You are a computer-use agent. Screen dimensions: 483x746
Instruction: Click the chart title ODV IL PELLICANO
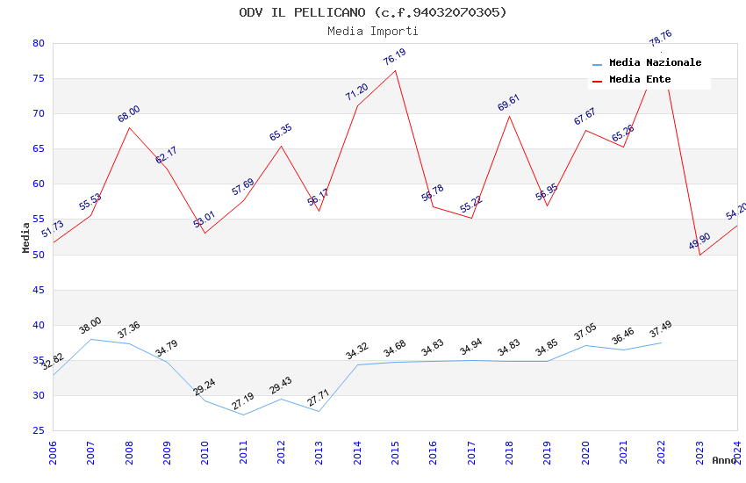373,12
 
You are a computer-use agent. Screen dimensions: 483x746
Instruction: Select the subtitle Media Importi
373,31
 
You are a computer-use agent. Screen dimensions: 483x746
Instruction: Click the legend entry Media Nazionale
655,62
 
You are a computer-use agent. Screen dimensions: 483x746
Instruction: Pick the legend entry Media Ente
640,79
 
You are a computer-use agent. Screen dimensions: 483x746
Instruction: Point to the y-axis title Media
26,237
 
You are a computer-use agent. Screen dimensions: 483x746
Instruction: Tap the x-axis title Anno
724,460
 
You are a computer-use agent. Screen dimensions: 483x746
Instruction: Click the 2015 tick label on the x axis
395,451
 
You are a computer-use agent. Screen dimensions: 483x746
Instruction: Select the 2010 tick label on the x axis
204,451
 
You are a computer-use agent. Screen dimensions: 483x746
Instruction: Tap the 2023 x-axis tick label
699,451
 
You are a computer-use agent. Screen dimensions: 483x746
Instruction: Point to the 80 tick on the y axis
38,43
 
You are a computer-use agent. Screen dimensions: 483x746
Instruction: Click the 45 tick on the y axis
38,290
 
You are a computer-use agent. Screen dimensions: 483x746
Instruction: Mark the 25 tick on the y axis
38,430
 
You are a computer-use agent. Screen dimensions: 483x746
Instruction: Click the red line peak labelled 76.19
395,57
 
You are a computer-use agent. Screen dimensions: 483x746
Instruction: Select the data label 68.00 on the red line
129,114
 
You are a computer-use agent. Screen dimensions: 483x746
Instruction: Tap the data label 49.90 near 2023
699,242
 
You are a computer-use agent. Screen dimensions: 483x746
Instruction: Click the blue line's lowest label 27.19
243,402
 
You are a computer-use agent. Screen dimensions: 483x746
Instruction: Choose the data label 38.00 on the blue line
90,326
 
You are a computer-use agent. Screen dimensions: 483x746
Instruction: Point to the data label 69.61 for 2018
509,103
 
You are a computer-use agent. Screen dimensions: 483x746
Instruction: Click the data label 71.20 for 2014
356,92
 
